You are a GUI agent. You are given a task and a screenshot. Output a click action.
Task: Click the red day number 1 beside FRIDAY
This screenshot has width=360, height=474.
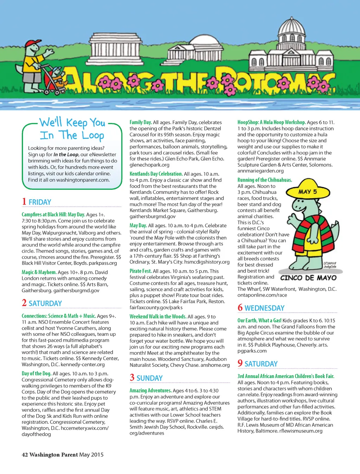click(x=24, y=201)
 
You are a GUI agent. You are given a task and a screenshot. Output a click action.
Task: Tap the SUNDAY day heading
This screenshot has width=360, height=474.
click(x=149, y=378)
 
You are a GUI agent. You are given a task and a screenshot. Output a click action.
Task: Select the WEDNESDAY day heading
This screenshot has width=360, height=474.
click(x=264, y=308)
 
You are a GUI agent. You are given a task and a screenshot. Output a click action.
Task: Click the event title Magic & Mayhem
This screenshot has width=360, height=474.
click(x=39, y=272)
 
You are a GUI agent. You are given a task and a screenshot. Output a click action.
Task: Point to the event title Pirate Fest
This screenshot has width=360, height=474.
click(x=141, y=271)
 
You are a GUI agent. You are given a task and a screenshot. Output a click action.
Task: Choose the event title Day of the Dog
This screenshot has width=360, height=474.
click(x=37, y=374)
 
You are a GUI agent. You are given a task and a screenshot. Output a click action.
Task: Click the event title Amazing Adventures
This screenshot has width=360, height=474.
click(x=150, y=390)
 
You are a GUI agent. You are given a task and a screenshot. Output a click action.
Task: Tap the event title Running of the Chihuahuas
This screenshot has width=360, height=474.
click(x=265, y=180)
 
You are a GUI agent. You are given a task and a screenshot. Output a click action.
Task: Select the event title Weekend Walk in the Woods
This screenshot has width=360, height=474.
click(x=158, y=317)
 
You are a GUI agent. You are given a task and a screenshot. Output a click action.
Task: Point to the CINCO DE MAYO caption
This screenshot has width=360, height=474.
click(x=308, y=278)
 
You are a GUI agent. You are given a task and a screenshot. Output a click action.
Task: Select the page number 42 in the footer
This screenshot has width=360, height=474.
click(x=25, y=455)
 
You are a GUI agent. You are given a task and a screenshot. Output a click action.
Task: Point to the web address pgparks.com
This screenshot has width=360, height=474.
click(x=252, y=351)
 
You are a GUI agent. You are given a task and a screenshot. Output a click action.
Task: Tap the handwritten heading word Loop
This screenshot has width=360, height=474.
click(x=93, y=135)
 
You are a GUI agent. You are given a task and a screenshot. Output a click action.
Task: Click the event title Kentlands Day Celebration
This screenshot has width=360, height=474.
click(x=156, y=174)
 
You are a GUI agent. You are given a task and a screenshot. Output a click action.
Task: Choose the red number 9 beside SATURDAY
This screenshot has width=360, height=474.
click(x=240, y=363)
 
